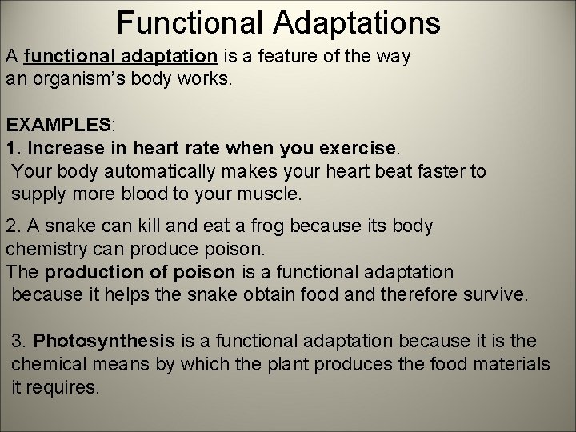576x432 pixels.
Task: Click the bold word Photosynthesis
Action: click(104, 342)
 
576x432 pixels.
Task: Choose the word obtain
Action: click(264, 294)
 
